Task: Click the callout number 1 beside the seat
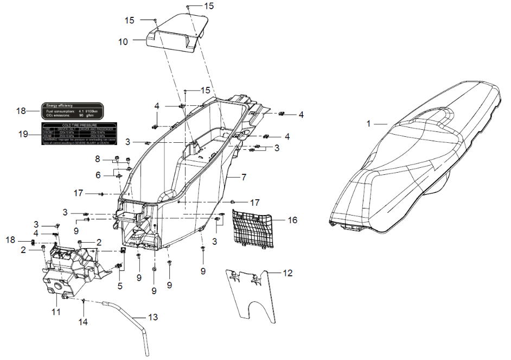[368, 124]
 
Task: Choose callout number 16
[293, 220]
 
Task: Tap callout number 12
[288, 273]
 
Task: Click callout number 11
[56, 312]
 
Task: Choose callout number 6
[98, 176]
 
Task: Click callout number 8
[98, 159]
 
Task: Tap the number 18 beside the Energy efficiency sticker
[21, 111]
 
